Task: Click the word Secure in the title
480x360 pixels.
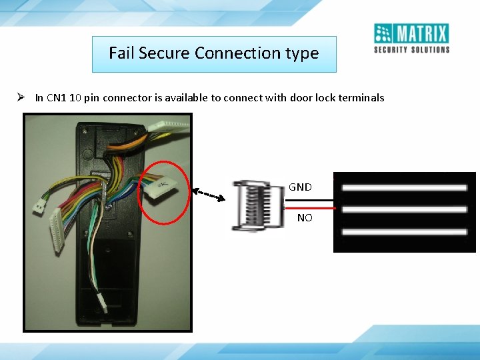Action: [167, 53]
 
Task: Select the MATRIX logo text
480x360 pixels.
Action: [421, 33]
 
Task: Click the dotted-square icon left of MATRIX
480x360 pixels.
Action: [383, 33]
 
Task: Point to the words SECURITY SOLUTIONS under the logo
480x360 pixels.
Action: [411, 49]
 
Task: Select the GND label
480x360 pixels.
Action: [300, 187]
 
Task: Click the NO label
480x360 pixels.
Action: [304, 217]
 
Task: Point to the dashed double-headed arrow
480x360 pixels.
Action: [209, 195]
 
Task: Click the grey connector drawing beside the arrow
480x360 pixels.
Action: [259, 205]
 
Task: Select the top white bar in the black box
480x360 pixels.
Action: [404, 188]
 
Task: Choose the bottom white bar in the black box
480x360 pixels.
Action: [404, 232]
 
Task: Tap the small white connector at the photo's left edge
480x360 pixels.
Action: [39, 207]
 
